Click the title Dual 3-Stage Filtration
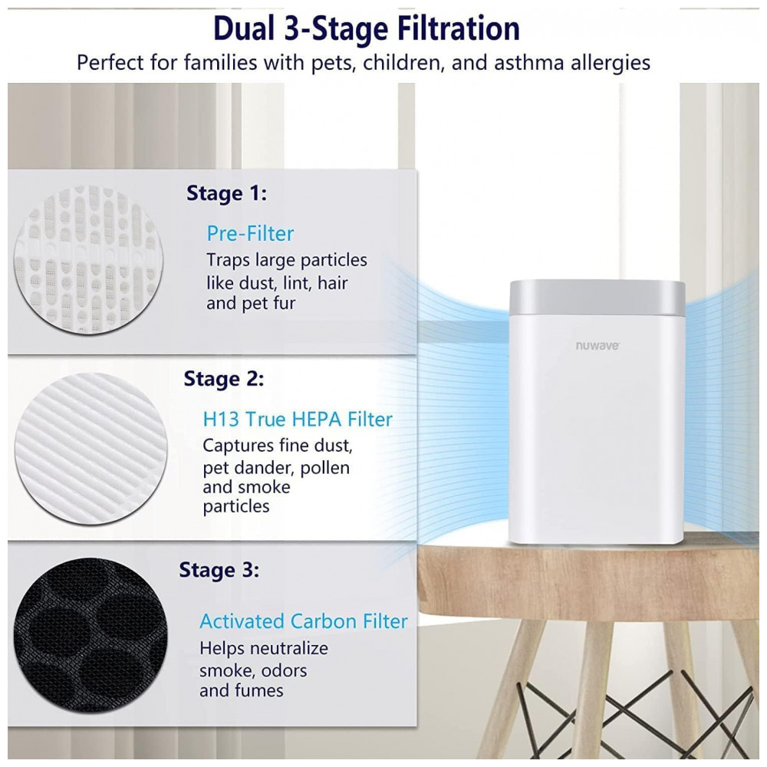[x=367, y=28]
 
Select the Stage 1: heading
[x=226, y=194]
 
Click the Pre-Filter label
[x=250, y=233]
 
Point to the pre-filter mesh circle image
[x=88, y=260]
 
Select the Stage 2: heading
[x=223, y=379]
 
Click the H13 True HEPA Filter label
[x=298, y=420]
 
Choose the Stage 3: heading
[x=219, y=571]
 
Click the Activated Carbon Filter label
[x=303, y=621]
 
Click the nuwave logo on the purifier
[x=597, y=346]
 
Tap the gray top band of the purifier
[x=597, y=297]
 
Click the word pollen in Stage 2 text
[x=324, y=468]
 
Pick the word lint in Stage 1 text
[x=296, y=283]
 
